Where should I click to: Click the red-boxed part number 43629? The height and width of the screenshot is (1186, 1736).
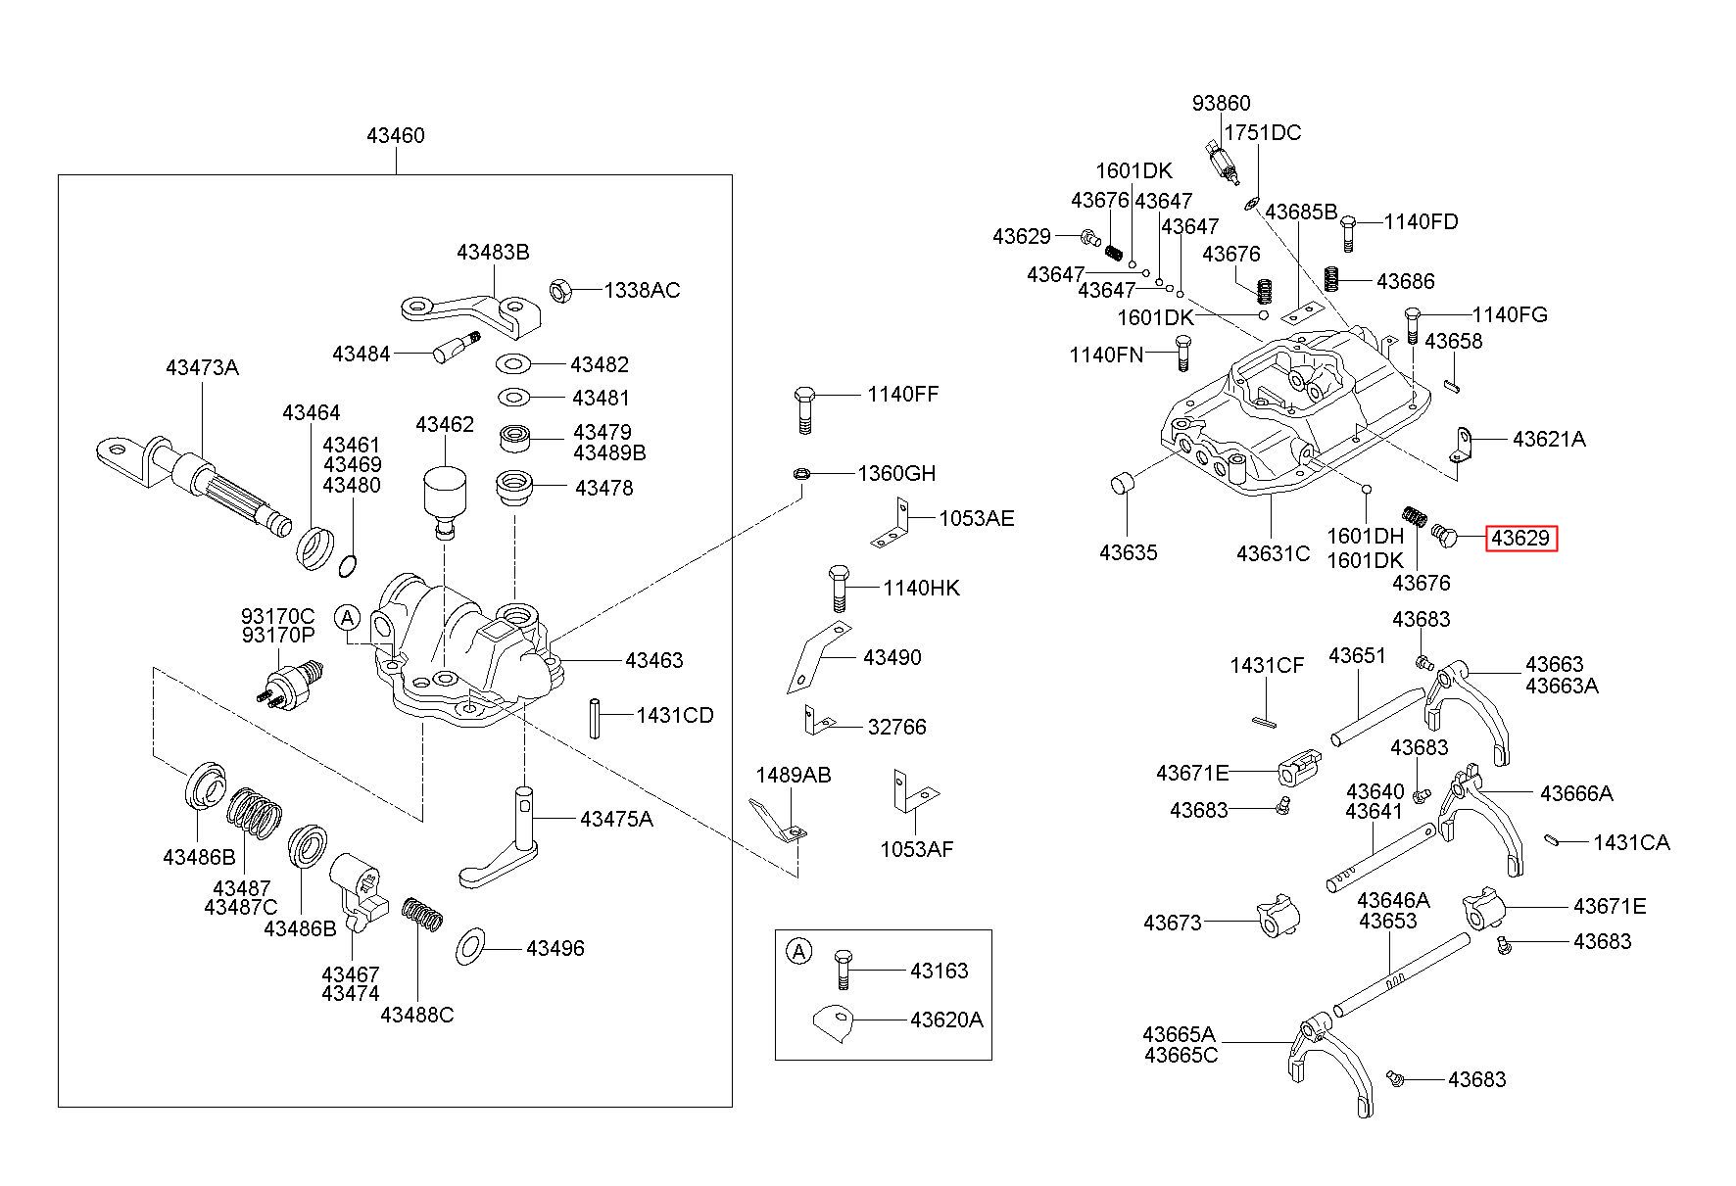click(1520, 538)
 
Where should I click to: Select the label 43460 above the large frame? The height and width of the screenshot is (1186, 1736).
click(396, 136)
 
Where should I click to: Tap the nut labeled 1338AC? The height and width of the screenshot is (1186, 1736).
click(559, 290)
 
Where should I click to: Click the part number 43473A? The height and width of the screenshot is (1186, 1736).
click(202, 368)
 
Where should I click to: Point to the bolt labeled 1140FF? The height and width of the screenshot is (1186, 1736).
click(802, 410)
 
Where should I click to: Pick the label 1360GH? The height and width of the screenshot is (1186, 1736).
click(896, 474)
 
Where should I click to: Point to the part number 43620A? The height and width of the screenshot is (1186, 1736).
click(946, 1020)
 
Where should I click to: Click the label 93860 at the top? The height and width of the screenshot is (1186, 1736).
click(1222, 104)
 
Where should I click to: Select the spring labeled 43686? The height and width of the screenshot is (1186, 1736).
click(1332, 279)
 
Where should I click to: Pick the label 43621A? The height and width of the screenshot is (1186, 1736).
click(1549, 440)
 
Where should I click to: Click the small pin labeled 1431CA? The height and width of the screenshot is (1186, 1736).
click(1551, 838)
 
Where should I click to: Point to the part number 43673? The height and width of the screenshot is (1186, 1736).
click(1172, 923)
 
